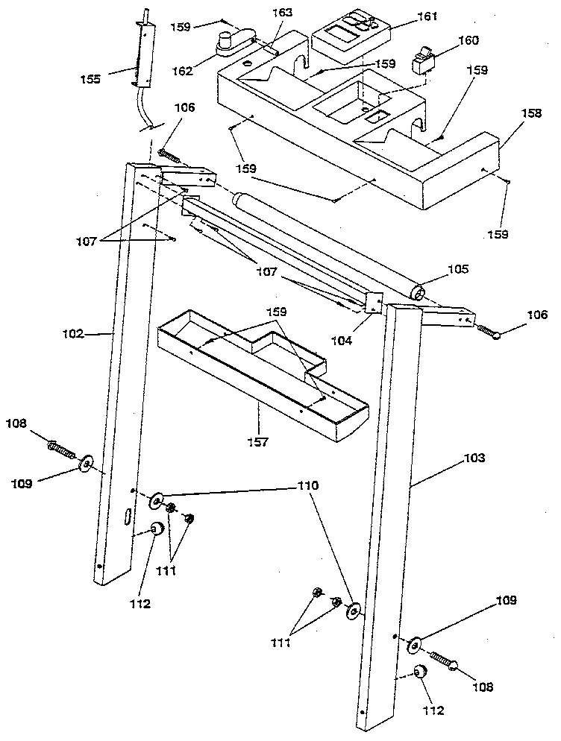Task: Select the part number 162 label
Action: click(x=181, y=71)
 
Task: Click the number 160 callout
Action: click(x=469, y=41)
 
